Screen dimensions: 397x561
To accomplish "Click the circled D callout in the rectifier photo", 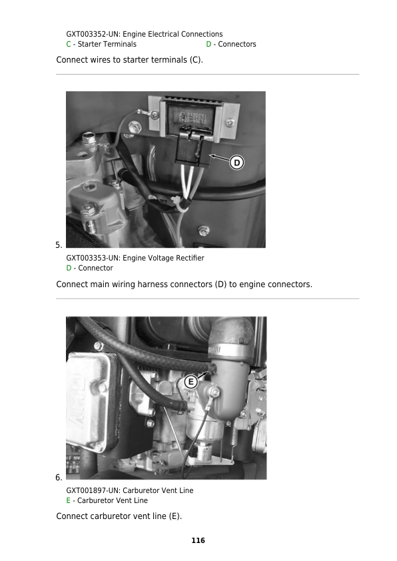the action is (x=236, y=163).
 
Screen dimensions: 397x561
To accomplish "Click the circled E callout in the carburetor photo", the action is (x=191, y=382).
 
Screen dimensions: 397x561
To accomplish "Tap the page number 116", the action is (x=198, y=540).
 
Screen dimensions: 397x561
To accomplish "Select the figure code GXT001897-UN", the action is (x=93, y=490).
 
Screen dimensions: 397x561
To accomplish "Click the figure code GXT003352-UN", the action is (x=93, y=35).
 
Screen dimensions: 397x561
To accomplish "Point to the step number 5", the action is (x=59, y=245).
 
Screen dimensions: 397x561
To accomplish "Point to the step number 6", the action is (x=59, y=478).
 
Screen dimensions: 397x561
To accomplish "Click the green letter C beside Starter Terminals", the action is (x=69, y=45).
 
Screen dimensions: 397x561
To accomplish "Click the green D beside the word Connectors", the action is (x=208, y=45).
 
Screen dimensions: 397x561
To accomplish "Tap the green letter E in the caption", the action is (x=69, y=500).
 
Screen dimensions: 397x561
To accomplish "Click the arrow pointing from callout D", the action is (x=220, y=159).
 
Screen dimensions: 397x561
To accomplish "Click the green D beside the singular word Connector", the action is (x=69, y=268).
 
